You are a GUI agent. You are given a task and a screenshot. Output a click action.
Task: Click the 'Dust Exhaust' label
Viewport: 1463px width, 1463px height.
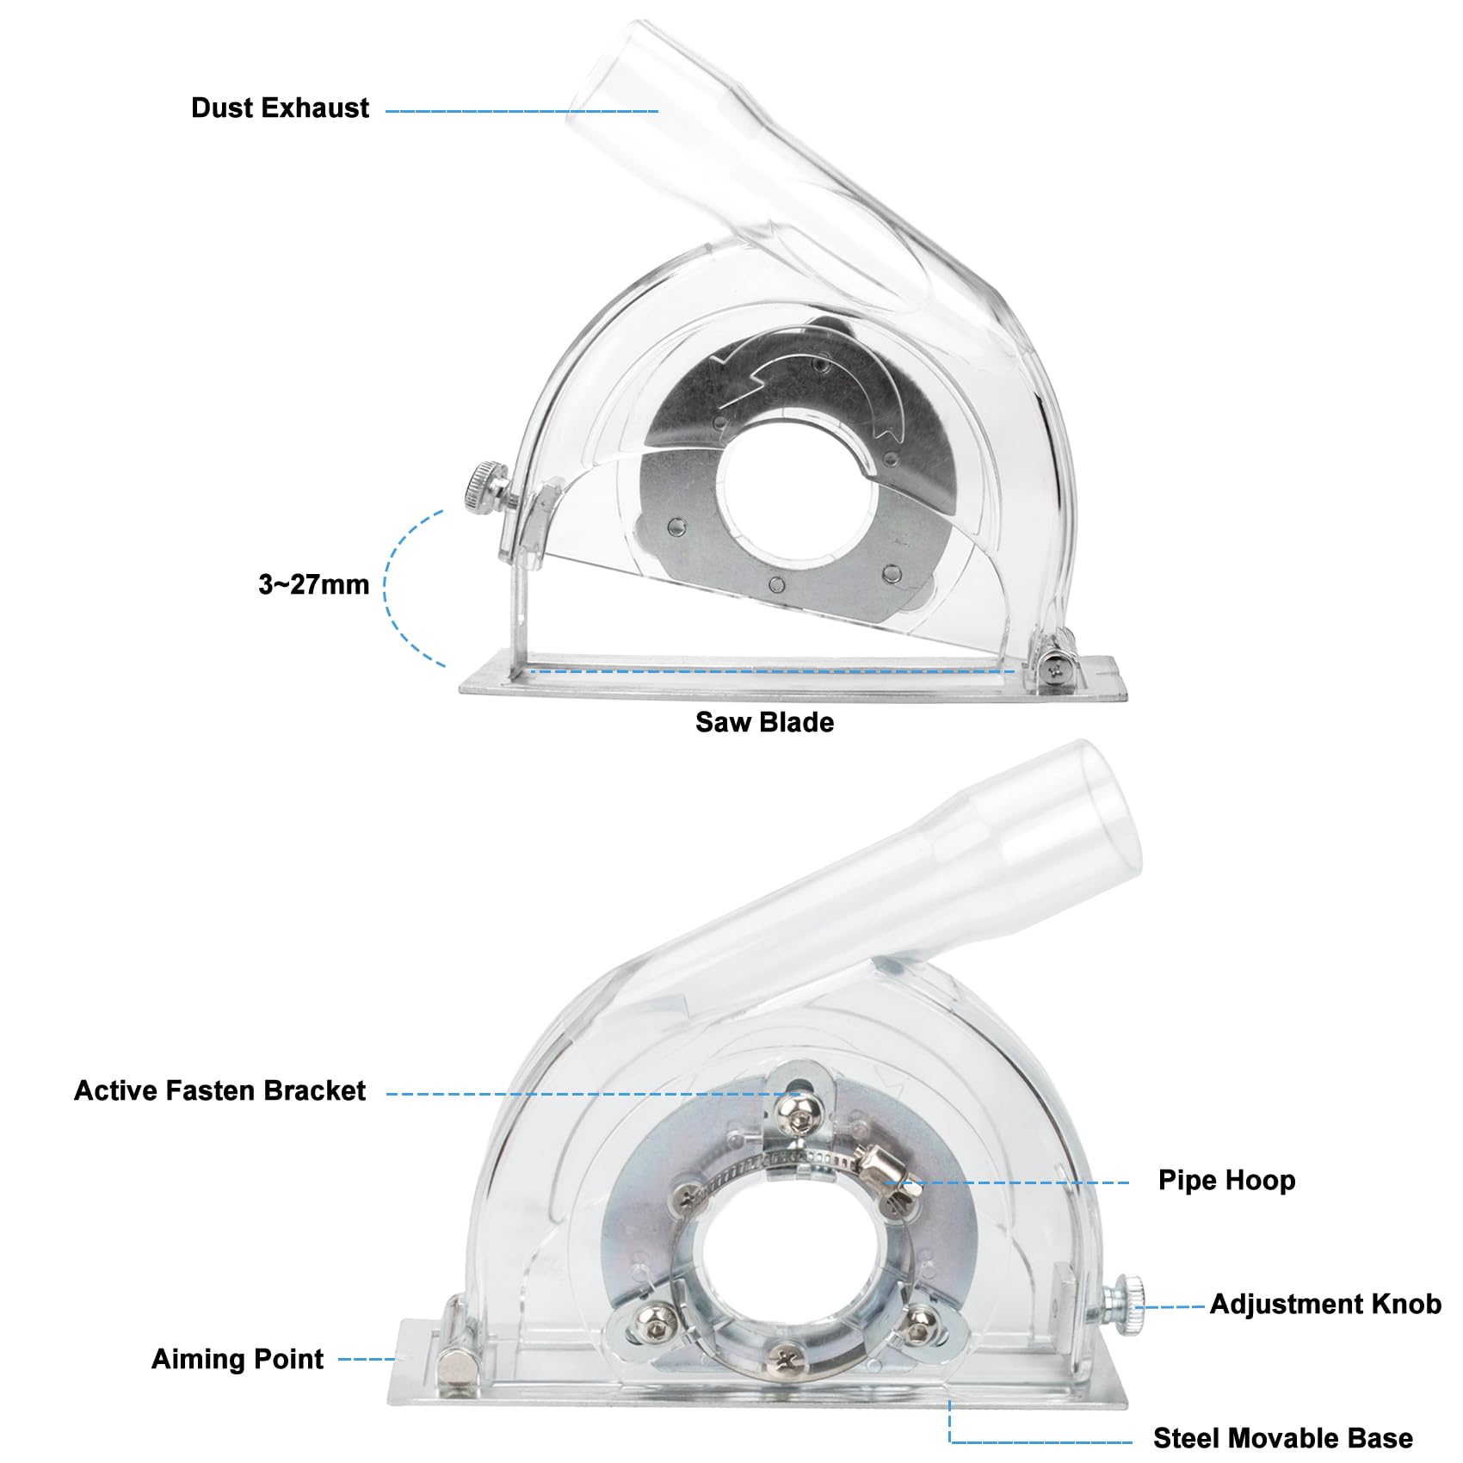(280, 108)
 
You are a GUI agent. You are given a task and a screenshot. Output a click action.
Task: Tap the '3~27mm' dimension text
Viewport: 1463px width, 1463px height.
(314, 585)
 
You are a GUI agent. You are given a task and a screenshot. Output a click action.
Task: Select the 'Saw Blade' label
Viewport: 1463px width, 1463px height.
(764, 722)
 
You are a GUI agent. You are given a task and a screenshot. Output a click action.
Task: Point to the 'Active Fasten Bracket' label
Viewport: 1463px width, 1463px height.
(219, 1091)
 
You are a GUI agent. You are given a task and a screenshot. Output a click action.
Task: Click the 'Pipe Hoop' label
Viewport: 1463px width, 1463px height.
(1226, 1180)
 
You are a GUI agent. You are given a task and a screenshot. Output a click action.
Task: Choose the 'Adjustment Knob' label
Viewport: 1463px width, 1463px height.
(1325, 1305)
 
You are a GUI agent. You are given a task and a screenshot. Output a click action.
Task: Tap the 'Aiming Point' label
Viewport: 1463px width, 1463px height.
(238, 1360)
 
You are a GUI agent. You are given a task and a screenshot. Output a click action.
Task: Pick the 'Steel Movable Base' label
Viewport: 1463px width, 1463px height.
(1282, 1438)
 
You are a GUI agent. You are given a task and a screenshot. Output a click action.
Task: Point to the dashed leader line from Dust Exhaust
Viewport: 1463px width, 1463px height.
(522, 111)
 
